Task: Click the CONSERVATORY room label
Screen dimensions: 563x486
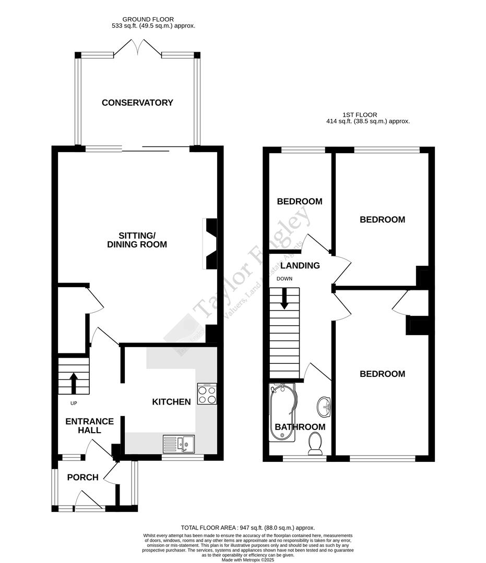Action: pos(137,103)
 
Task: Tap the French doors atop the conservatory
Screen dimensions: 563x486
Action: pos(137,49)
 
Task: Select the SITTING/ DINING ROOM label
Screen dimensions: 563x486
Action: pos(137,239)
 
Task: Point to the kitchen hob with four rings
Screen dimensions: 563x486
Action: pos(207,394)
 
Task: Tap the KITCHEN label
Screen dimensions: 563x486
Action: pos(171,401)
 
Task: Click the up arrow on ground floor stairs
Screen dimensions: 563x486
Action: pos(73,382)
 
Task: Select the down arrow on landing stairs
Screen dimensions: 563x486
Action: pos(285,300)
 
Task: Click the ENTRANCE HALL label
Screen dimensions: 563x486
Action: pos(82,425)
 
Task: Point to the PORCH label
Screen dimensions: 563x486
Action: pos(82,477)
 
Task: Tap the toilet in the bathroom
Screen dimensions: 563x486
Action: pos(315,444)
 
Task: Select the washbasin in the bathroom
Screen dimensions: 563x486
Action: pos(324,406)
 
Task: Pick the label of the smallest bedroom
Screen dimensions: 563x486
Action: pos(299,201)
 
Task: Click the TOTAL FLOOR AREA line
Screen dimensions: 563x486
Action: pos(248,528)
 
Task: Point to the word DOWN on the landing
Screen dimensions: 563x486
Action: pos(285,279)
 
